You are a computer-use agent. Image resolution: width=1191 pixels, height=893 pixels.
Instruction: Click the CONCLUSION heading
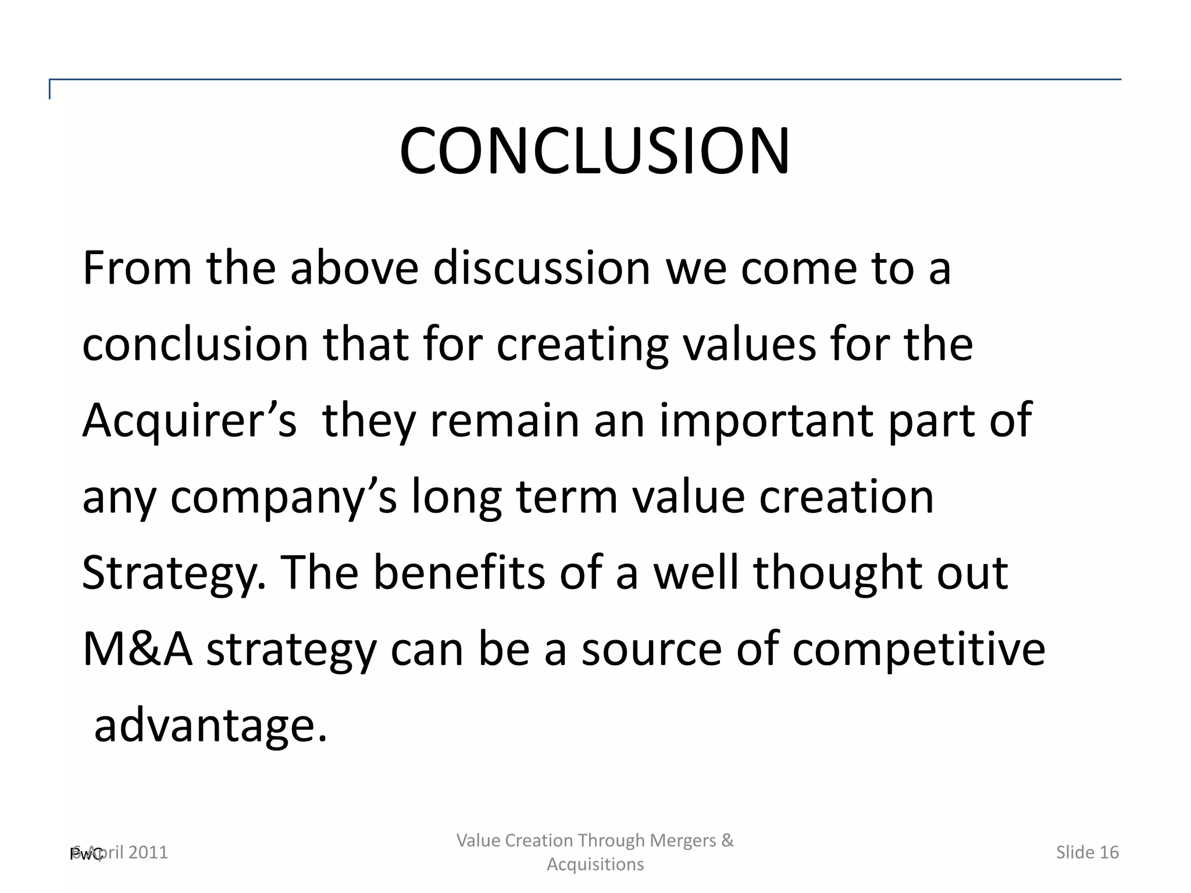click(594, 151)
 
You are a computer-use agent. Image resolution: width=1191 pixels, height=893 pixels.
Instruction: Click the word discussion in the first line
click(541, 268)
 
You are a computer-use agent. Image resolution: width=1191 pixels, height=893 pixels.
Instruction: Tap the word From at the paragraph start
click(137, 268)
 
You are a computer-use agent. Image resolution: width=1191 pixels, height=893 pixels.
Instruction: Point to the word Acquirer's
click(190, 420)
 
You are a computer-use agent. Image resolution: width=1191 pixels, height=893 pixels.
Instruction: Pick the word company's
click(283, 498)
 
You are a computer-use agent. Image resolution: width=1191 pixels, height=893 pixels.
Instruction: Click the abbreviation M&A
click(137, 649)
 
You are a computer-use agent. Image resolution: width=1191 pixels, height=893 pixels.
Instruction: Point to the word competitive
click(919, 649)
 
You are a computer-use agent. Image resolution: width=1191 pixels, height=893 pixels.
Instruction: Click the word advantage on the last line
click(211, 726)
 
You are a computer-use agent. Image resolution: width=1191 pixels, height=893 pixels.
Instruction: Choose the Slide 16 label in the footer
click(1087, 852)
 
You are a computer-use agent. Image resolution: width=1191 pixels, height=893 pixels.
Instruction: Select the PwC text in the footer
click(85, 854)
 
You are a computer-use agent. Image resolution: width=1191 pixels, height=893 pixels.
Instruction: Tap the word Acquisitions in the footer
click(595, 865)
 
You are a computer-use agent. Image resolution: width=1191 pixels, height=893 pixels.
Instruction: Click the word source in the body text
click(651, 649)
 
